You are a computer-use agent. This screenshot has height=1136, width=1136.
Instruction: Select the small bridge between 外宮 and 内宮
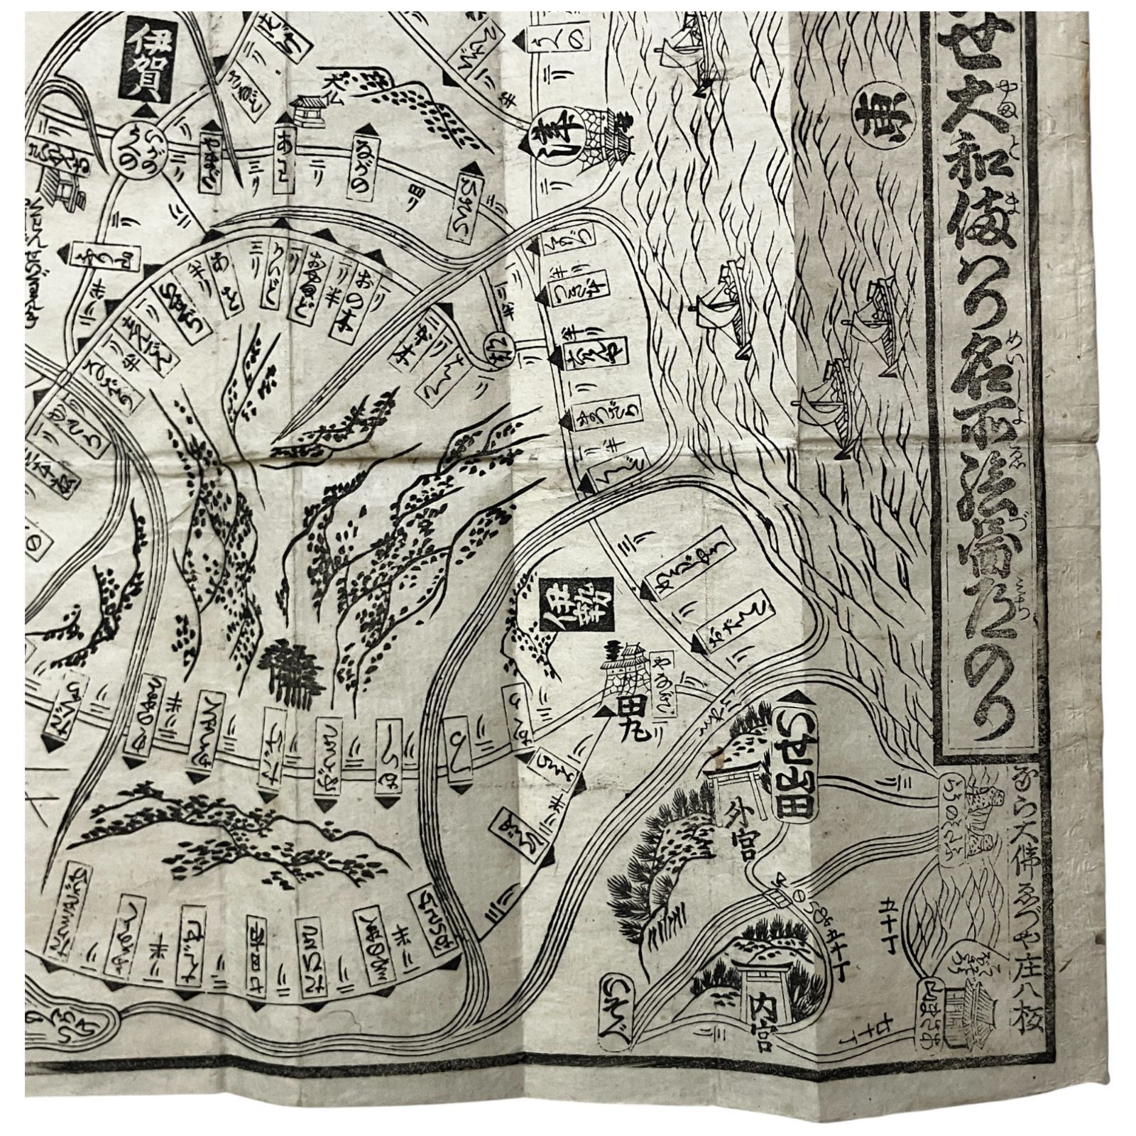(x=780, y=899)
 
